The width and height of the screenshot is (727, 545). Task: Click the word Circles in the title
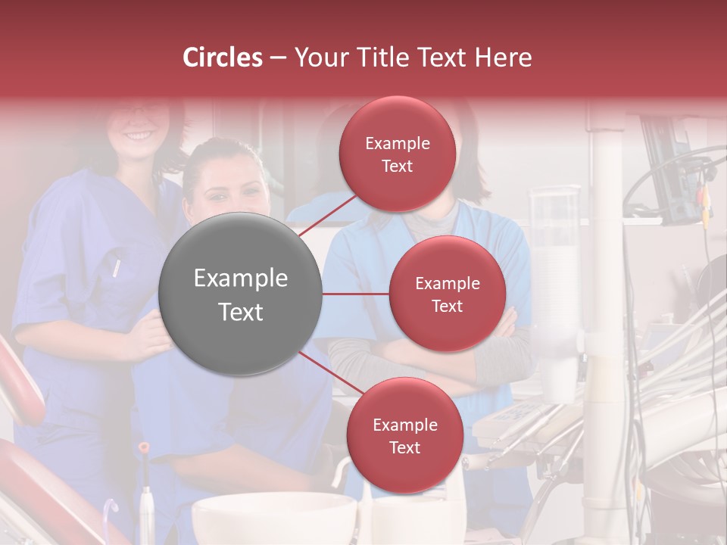[222, 58]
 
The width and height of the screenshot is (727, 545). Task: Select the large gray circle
[240, 294]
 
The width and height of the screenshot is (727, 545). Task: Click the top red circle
[397, 154]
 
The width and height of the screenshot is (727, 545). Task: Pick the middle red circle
[447, 294]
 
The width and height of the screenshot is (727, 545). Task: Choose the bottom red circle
[404, 435]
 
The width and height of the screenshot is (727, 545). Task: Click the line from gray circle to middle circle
[355, 294]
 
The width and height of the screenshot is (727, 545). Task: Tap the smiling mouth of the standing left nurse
[139, 137]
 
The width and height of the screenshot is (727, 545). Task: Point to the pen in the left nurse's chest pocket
[116, 267]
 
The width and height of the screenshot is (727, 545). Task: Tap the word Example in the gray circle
[240, 279]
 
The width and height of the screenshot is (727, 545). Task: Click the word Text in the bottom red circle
[404, 447]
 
